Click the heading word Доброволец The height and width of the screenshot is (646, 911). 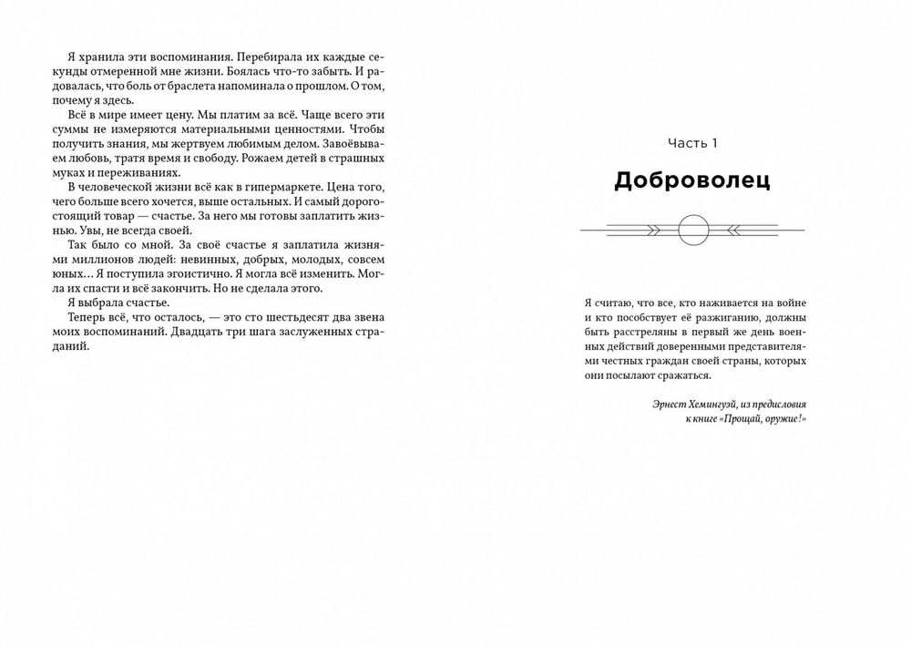pyautogui.click(x=691, y=180)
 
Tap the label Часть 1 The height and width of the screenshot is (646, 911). pyautogui.click(x=692, y=143)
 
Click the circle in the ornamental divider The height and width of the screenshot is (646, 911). pyautogui.click(x=692, y=228)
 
